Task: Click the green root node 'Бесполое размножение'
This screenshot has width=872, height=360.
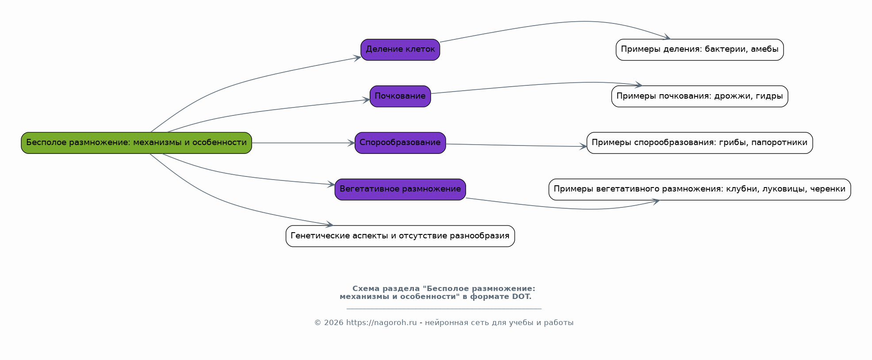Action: (x=136, y=143)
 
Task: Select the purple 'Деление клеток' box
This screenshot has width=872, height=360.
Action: (x=400, y=50)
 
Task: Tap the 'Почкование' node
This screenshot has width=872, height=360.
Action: (x=400, y=96)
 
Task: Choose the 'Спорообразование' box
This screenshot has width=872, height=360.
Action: (x=400, y=143)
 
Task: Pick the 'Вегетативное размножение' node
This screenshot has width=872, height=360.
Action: (x=400, y=189)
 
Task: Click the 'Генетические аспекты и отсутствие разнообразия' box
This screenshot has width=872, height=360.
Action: (x=400, y=236)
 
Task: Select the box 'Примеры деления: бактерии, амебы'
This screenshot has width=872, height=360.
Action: (x=700, y=50)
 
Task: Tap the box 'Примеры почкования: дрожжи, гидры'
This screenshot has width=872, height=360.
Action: (x=700, y=96)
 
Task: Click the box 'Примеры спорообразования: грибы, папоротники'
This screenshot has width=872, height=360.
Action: (x=700, y=143)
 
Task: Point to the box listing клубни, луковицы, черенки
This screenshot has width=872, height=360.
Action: (x=700, y=189)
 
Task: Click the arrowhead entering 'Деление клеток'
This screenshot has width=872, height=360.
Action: (x=357, y=57)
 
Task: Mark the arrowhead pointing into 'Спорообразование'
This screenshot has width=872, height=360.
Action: (x=351, y=143)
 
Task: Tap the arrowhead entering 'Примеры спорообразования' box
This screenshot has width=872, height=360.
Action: (x=583, y=146)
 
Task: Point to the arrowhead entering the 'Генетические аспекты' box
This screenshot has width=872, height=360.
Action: (x=329, y=225)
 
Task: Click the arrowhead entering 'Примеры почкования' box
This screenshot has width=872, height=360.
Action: (x=638, y=84)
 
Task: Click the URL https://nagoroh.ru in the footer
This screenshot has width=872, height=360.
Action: (x=381, y=323)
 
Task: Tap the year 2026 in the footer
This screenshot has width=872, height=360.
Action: (x=333, y=323)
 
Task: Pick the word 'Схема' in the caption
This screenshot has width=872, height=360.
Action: (x=366, y=289)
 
